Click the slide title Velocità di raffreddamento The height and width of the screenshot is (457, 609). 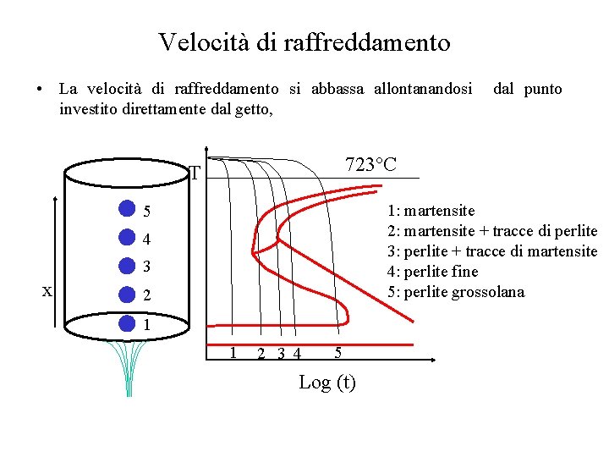pos(304,41)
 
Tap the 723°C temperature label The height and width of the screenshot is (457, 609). pos(370,164)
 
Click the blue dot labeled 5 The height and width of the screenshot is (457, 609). pos(126,209)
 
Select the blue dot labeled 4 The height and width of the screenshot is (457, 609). pos(126,238)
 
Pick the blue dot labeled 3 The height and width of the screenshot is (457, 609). pos(126,266)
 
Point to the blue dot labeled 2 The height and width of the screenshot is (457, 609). pos(126,295)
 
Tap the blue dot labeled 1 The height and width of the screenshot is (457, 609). pos(126,323)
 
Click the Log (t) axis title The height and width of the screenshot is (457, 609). pos(327,383)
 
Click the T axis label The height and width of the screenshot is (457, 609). pos(195,173)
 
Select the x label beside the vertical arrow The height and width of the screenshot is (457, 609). pos(48,290)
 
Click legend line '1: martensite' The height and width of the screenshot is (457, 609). pos(431,211)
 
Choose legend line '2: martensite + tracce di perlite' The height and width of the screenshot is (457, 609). pos(491,231)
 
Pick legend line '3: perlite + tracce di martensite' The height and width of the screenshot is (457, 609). pos(491,251)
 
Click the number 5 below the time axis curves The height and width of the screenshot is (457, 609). pos(337,352)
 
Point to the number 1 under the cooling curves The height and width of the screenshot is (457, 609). pos(233,352)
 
